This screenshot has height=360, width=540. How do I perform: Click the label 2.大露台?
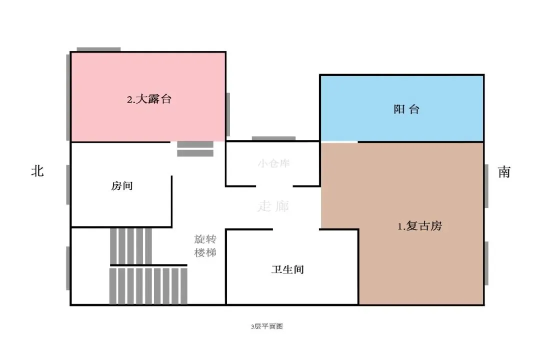149,99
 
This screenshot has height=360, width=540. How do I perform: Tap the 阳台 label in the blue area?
406,109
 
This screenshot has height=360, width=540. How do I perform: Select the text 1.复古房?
420,226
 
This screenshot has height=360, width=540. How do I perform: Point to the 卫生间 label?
287,270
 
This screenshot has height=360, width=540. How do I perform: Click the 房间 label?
122,186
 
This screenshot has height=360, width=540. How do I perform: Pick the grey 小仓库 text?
273,163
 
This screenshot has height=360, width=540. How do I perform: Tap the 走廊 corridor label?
273,206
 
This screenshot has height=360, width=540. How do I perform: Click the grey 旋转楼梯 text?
205,246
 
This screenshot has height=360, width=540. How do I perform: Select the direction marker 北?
37,171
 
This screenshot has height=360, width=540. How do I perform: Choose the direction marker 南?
504,172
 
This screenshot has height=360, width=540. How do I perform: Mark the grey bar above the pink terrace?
98,49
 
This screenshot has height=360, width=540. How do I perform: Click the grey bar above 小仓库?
273,138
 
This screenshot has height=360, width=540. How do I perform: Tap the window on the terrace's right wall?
228,114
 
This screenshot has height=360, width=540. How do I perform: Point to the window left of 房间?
68,184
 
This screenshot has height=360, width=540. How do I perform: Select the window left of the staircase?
68,268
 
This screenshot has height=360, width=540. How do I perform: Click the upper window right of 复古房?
486,185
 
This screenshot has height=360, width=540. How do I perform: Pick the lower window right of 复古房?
486,263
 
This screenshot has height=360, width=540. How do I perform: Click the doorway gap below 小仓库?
274,186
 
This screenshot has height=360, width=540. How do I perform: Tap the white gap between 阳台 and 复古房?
339,142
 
